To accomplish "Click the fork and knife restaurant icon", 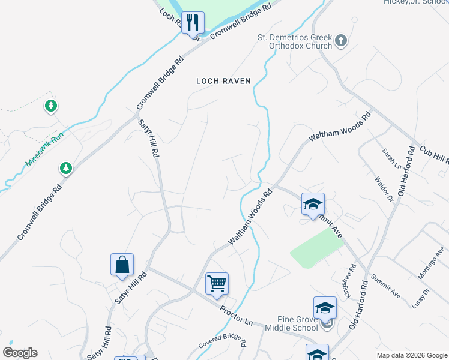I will pyautogui.click(x=193, y=23).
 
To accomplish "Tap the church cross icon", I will pyautogui.click(x=340, y=41).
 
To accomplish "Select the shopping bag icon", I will pyautogui.click(x=122, y=265).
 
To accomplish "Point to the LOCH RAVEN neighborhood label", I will pyautogui.click(x=223, y=81).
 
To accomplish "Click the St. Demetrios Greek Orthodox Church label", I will pyautogui.click(x=295, y=41).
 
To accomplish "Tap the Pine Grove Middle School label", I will pyautogui.click(x=289, y=323).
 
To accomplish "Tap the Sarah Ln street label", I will pyautogui.click(x=390, y=158).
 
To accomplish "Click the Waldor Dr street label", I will pyautogui.click(x=384, y=189).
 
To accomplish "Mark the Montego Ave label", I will pyautogui.click(x=432, y=265).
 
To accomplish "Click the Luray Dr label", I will pyautogui.click(x=421, y=298).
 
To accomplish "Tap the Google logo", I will pyautogui.click(x=20, y=353).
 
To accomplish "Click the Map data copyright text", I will pyautogui.click(x=412, y=355).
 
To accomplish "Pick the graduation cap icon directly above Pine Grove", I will pyautogui.click(x=325, y=308).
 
